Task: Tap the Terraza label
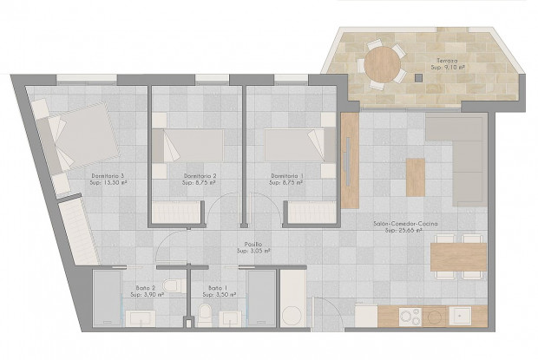coord(448,60)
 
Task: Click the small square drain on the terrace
coord(417,77)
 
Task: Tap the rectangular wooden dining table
coord(457,257)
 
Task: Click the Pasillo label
coord(253,245)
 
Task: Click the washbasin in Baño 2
coord(141,317)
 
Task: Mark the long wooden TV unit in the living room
coord(350,160)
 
